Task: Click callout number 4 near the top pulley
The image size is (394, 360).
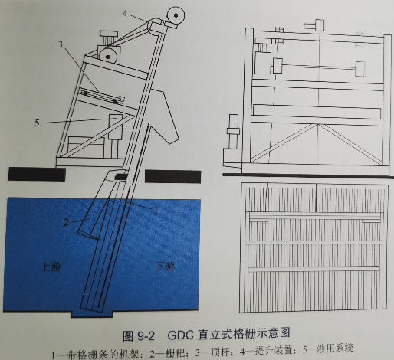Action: (125, 14)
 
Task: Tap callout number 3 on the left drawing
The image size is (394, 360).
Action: (60, 44)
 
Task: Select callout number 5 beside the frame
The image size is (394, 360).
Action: (38, 123)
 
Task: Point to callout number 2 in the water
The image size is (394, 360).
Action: (66, 222)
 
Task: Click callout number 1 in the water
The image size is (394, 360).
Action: (156, 211)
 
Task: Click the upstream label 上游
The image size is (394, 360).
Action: (51, 267)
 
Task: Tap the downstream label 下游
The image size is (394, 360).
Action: (166, 267)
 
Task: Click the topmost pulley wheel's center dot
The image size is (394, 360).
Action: (176, 15)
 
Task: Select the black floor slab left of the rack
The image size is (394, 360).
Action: (37, 174)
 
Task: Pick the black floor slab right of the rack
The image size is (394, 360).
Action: (172, 176)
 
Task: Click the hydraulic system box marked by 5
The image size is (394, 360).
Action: (116, 127)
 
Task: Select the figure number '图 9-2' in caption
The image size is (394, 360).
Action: (139, 335)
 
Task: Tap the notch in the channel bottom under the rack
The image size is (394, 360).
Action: (92, 314)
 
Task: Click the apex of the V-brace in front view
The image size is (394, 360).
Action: (318, 125)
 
